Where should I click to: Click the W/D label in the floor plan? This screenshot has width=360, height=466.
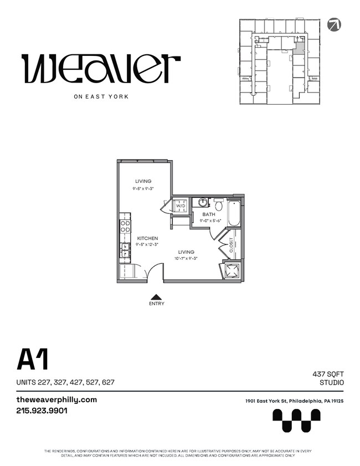tap(181, 206)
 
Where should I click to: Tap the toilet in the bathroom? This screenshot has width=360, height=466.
tap(219, 206)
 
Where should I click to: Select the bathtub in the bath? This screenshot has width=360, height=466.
tap(234, 213)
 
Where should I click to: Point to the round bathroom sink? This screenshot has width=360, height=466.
tap(203, 202)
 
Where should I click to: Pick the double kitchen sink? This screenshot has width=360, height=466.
tap(125, 250)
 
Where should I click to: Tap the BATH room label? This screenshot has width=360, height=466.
tap(208, 214)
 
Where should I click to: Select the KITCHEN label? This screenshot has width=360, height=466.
tap(147, 238)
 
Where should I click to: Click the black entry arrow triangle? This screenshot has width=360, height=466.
tap(157, 296)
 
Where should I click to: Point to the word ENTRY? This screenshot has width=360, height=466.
tap(157, 304)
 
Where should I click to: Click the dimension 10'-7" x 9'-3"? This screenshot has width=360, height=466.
tap(186, 258)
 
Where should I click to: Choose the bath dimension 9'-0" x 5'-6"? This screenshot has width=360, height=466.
tap(210, 221)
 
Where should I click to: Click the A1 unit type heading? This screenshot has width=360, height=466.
tap(33, 360)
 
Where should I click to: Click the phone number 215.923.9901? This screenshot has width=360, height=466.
tap(42, 411)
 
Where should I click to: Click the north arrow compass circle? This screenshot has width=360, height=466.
tap(334, 24)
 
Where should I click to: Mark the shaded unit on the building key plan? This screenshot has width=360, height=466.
tap(299, 47)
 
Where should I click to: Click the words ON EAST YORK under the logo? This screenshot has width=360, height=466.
tap(101, 96)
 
